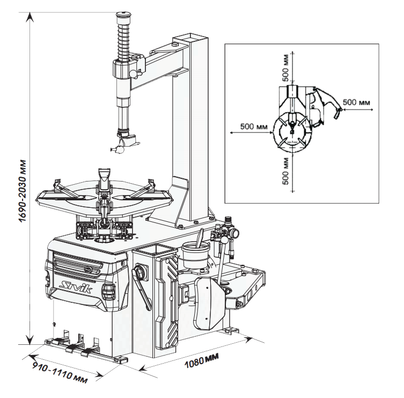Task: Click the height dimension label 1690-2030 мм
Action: click(x=23, y=191)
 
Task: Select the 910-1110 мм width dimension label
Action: click(x=60, y=373)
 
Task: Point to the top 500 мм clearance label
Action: click(x=286, y=67)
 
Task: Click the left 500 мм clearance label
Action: click(x=254, y=126)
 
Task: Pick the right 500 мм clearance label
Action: click(x=356, y=102)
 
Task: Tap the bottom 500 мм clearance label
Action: click(x=286, y=171)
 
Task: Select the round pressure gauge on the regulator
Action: click(x=234, y=233)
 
